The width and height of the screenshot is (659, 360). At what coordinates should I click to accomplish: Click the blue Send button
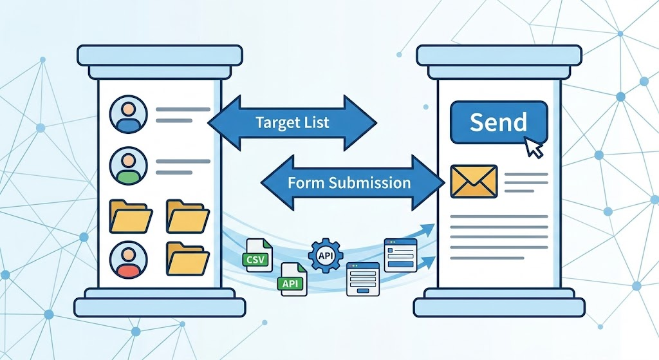(499, 122)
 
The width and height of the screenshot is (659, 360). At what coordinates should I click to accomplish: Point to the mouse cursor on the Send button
(534, 147)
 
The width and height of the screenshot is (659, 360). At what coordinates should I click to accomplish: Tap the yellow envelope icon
(474, 180)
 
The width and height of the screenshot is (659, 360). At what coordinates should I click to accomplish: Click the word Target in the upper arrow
(273, 122)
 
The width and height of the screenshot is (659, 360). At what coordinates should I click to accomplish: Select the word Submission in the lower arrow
(369, 182)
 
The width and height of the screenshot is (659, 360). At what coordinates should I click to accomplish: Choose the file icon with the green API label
(293, 279)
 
